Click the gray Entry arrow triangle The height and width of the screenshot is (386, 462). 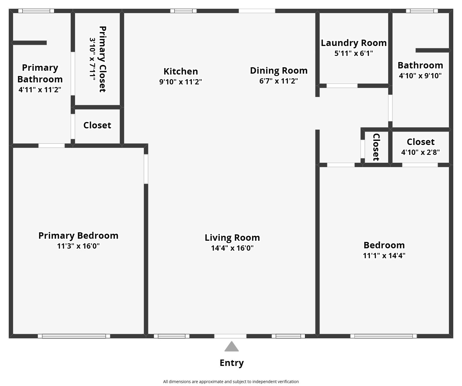(x=231, y=347)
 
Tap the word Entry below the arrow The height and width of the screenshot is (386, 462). (x=231, y=363)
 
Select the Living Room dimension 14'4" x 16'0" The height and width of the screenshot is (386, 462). (x=232, y=248)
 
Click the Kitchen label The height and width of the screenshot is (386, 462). (x=181, y=71)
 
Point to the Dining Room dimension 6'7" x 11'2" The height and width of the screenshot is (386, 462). (x=279, y=81)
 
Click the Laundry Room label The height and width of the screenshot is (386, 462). (x=354, y=43)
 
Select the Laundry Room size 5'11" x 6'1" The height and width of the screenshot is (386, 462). (x=354, y=53)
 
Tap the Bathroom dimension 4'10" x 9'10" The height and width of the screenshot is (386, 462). (x=420, y=76)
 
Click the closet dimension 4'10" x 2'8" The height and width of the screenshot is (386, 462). (x=420, y=152)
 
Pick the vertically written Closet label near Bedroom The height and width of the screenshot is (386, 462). (x=376, y=147)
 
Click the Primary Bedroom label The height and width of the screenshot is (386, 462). (x=78, y=236)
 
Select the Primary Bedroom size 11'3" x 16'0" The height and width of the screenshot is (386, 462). (x=78, y=246)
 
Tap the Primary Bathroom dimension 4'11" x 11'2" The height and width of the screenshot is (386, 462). (x=40, y=90)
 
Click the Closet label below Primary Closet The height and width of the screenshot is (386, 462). (x=97, y=125)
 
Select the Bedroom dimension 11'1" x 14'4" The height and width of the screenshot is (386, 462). (x=384, y=256)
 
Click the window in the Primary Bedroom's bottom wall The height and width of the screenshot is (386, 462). (x=74, y=336)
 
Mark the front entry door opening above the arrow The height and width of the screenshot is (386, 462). (x=230, y=336)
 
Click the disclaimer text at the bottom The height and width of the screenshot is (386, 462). (x=231, y=381)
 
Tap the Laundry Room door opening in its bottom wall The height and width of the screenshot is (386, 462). (x=342, y=86)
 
